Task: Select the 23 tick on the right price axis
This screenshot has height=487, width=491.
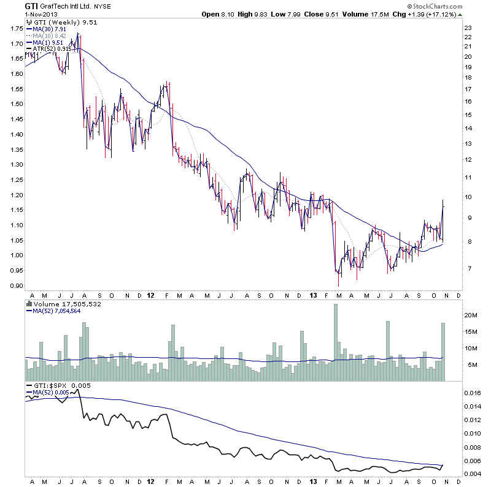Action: (468, 28)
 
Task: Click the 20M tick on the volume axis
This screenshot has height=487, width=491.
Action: (471, 315)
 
